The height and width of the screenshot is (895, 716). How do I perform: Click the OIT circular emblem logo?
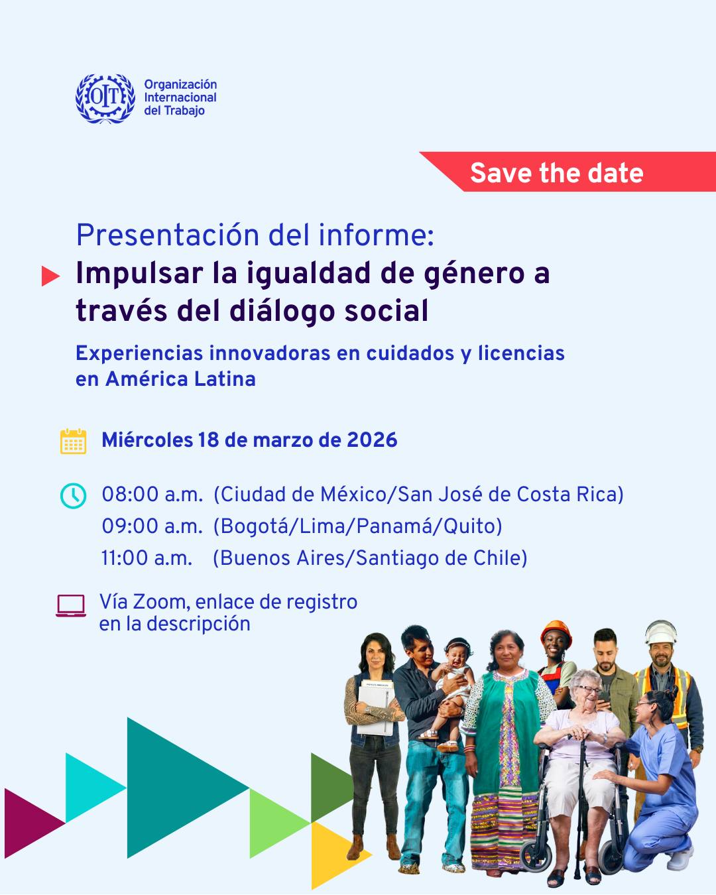(x=105, y=99)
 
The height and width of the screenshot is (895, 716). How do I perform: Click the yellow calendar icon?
(x=73, y=442)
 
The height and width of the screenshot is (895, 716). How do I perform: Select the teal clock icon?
(x=73, y=496)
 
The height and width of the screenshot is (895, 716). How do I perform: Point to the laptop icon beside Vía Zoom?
(x=71, y=605)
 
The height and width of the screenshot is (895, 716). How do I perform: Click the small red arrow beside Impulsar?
(x=50, y=276)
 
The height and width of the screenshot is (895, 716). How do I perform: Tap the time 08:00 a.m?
(x=152, y=495)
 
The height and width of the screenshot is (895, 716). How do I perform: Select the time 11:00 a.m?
(x=147, y=558)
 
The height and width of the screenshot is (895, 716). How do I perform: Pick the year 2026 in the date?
(x=373, y=440)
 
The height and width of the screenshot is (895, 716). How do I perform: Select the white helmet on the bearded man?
(x=661, y=633)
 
